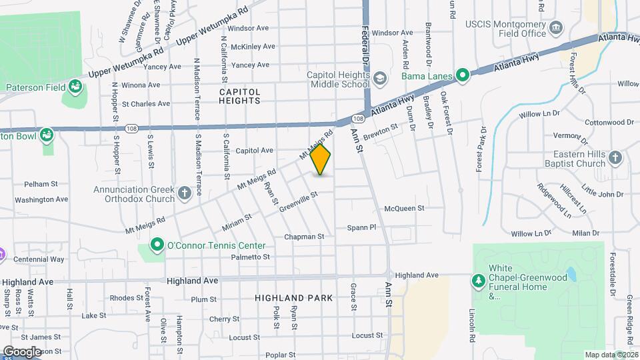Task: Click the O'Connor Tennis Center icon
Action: [x=157, y=245]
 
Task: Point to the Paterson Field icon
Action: [x=75, y=87]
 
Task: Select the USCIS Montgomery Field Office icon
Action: [x=557, y=29]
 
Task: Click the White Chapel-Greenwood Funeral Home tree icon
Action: [x=478, y=280]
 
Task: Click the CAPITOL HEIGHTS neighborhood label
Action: [x=239, y=95]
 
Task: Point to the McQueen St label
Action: [x=404, y=209]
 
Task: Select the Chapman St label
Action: [x=304, y=237]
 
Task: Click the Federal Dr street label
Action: [x=366, y=45]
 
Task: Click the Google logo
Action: [x=23, y=352]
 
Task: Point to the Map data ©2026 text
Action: [x=611, y=355]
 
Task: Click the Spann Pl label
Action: [x=361, y=227]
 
